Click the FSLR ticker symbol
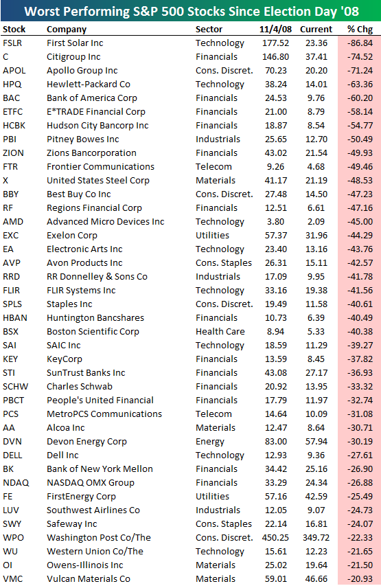[x=12, y=43]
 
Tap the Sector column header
[x=209, y=29]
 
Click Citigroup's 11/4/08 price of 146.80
[x=276, y=57]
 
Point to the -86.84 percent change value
[x=360, y=43]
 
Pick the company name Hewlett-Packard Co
[x=89, y=84]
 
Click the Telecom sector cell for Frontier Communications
[x=213, y=167]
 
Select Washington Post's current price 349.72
[x=316, y=537]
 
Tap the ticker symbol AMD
[x=13, y=222]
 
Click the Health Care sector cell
[x=220, y=332]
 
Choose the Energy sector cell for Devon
[x=210, y=441]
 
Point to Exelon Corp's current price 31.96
[x=316, y=236]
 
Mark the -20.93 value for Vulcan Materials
[x=360, y=578]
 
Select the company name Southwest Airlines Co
[x=93, y=510]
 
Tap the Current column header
[x=316, y=29]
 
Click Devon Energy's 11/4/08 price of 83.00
[x=276, y=441]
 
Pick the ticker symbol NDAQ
[x=16, y=482]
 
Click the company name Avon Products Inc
[x=84, y=262]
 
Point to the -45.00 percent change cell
[x=360, y=222]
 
